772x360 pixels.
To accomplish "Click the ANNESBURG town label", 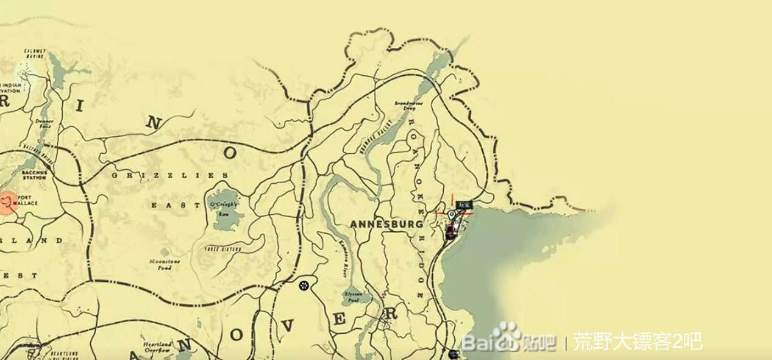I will point(387,224).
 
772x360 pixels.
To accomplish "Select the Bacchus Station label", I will point(34,175).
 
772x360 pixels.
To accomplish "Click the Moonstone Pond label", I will point(164,264).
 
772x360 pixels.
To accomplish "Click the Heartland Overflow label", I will point(157,346).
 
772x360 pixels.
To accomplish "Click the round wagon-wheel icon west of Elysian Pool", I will point(304,285).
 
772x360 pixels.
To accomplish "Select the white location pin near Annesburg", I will point(452,215).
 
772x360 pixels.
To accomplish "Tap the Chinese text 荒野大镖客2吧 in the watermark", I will point(637,342).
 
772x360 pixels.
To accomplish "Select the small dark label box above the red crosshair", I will point(464,205).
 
